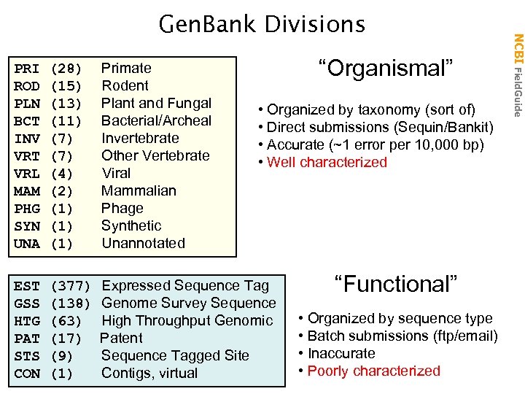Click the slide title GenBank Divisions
(x=262, y=25)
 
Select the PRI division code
(x=27, y=69)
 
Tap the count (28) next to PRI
(x=66, y=69)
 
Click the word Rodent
(x=125, y=85)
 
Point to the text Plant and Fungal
(x=156, y=103)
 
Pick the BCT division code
(x=27, y=121)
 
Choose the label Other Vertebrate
(x=155, y=155)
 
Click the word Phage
(x=122, y=208)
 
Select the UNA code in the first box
(x=27, y=244)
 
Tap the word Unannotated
(x=143, y=243)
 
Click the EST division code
(x=27, y=286)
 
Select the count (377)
(x=70, y=286)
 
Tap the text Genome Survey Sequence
(x=189, y=303)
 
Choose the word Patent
(x=121, y=338)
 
